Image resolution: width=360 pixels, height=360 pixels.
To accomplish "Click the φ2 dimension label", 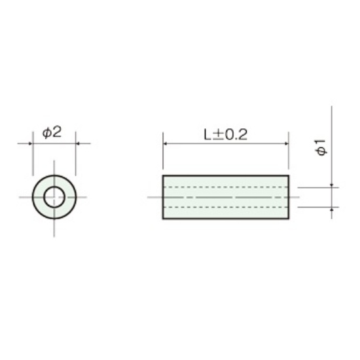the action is pyautogui.click(x=52, y=132).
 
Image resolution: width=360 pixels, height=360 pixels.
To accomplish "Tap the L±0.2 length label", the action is pyautogui.click(x=226, y=135).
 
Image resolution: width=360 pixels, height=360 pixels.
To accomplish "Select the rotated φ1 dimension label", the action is pyautogui.click(x=321, y=147).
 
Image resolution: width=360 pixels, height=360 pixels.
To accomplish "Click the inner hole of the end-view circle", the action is pyautogui.click(x=54, y=197).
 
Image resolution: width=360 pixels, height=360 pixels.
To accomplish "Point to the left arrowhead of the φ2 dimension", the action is pyautogui.click(x=30, y=144).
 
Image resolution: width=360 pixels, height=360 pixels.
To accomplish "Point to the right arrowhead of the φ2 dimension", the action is pyautogui.click(x=78, y=144).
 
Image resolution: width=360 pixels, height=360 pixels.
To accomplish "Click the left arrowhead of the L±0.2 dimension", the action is pyautogui.click(x=165, y=144).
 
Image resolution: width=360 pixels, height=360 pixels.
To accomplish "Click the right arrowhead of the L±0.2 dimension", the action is pyautogui.click(x=286, y=144).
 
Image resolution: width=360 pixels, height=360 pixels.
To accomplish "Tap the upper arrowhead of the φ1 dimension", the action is pyautogui.click(x=332, y=185).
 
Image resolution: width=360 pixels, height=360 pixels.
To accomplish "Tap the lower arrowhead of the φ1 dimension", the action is pyautogui.click(x=332, y=209).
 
